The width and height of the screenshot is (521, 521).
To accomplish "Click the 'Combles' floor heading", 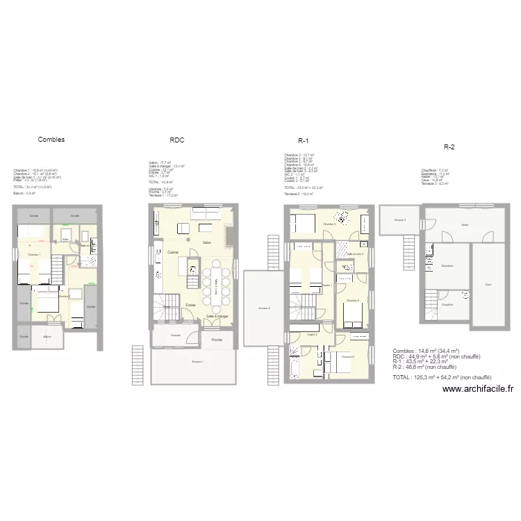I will point(51,140).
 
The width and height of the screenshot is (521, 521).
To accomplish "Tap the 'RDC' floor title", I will point(176,140).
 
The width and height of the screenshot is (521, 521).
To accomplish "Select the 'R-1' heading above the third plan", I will point(303,140).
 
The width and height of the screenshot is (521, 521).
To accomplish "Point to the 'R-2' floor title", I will point(449,147).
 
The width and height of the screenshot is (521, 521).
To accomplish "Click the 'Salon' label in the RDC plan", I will point(206,242).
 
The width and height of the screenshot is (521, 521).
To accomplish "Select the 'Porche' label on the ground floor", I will point(217,340).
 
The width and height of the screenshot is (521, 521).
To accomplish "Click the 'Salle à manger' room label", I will point(217,317).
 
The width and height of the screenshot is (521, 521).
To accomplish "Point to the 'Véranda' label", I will point(176,335).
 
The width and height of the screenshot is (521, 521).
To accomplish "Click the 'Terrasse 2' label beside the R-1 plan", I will point(263,308).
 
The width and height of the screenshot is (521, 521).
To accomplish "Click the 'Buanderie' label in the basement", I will point(447,266).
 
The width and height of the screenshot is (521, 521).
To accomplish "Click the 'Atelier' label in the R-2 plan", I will point(464,224).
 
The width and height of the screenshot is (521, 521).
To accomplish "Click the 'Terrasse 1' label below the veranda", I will point(198,363).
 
